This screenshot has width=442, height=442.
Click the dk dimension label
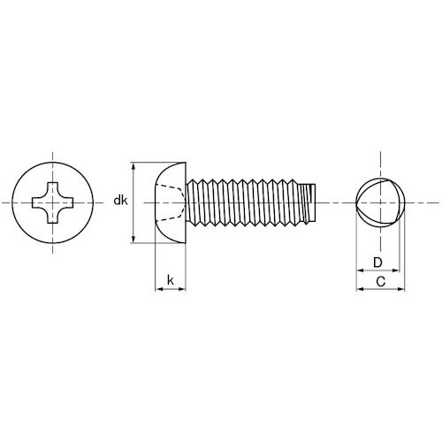pos(121,202)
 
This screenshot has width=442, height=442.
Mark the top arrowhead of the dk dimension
pos(133,166)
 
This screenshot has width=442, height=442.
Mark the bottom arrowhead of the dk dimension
pos(133,239)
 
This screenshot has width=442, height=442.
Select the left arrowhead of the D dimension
pos(358,271)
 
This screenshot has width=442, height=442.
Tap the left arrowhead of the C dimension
pos(358,289)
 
